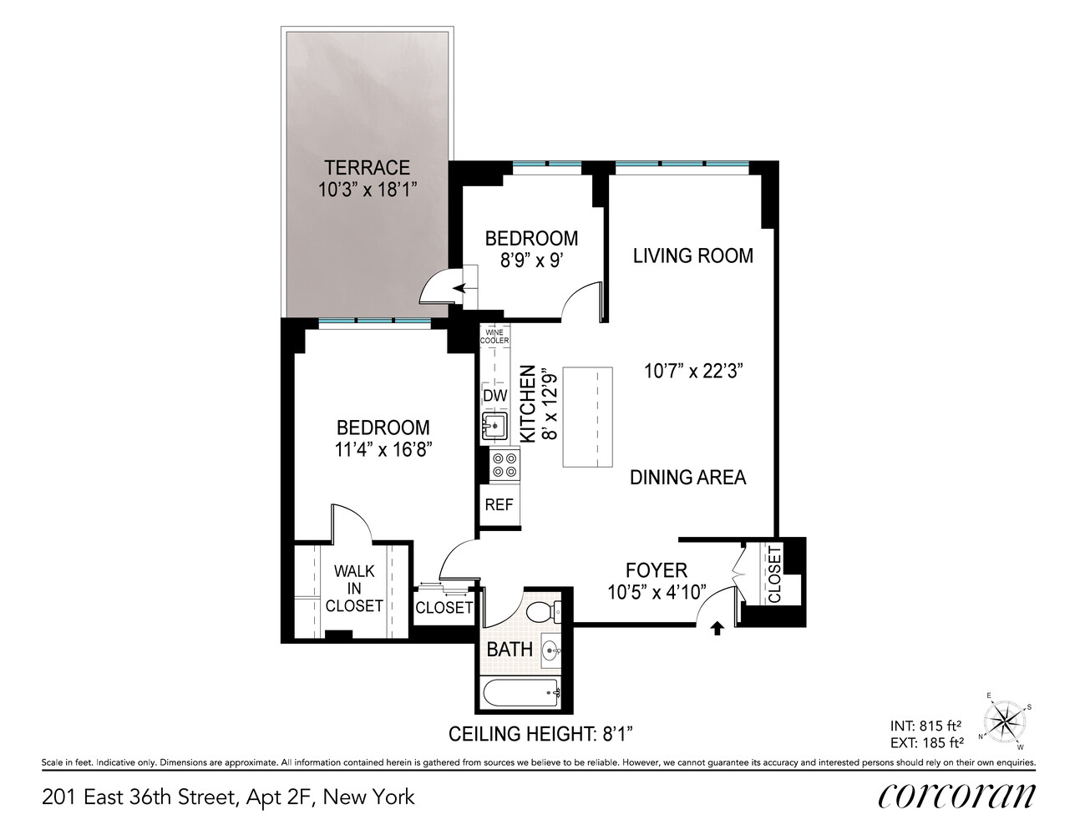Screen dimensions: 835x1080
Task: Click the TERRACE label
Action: (367, 166)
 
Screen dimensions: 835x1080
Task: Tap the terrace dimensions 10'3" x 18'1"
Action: (367, 190)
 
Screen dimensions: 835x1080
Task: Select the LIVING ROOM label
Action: (692, 256)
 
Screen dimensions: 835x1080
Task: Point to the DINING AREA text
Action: (687, 477)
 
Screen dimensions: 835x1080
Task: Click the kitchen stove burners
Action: (504, 464)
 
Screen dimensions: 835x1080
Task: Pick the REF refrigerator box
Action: (499, 505)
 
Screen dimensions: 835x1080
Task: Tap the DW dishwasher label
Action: (495, 395)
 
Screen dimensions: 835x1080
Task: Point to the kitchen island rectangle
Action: (588, 417)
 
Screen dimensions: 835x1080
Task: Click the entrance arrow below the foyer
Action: (716, 628)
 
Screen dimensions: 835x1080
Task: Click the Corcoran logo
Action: (956, 797)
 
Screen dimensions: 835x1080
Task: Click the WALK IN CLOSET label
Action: (354, 589)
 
